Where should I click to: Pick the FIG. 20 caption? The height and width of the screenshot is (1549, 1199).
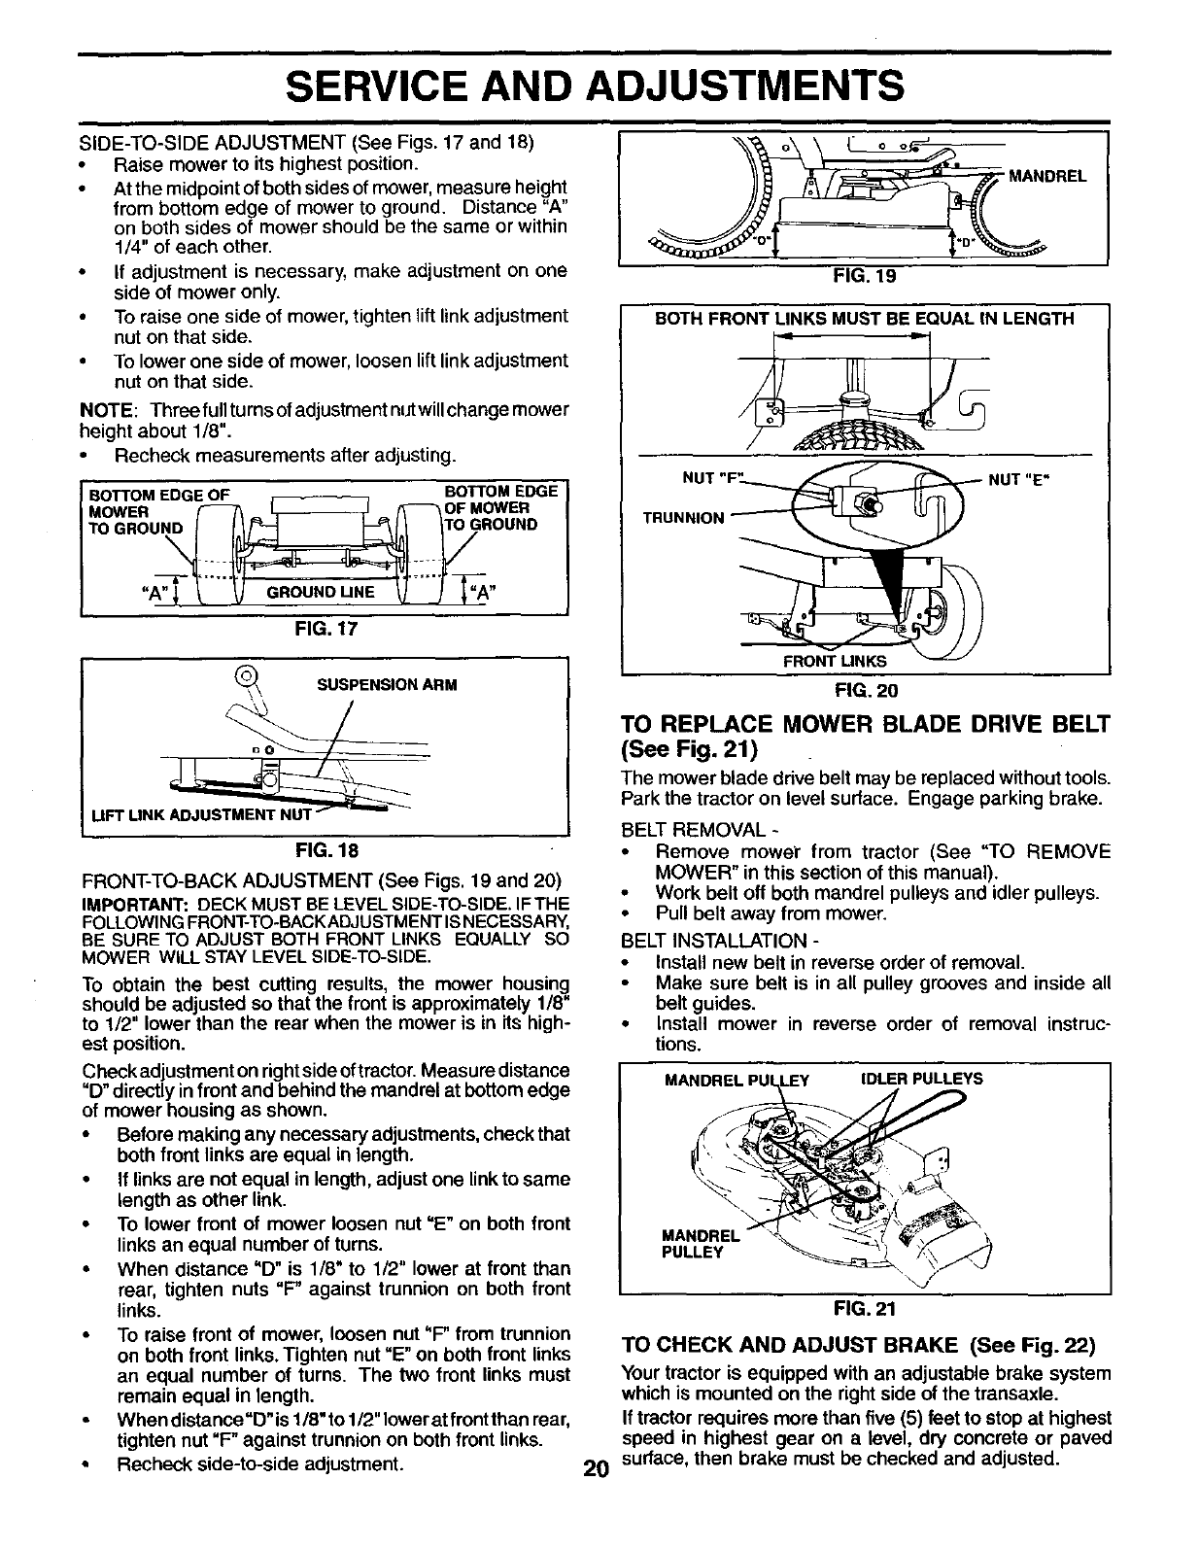pyautogui.click(x=864, y=691)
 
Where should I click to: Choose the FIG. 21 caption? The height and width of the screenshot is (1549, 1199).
pyautogui.click(x=864, y=1308)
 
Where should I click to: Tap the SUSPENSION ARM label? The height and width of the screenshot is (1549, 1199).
pyautogui.click(x=387, y=684)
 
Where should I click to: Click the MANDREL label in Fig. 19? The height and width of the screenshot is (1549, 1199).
pyautogui.click(x=1046, y=177)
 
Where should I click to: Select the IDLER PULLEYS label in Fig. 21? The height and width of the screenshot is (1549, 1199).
pyautogui.click(x=922, y=1079)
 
